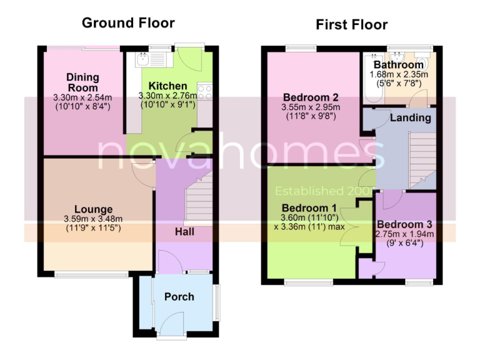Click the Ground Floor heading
point(128,23)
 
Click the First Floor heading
point(351,25)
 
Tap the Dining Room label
point(82,82)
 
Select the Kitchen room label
point(167,86)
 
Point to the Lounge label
point(93,209)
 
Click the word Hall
point(184,232)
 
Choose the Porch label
point(179,296)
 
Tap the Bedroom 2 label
point(311,97)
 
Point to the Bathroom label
point(398,65)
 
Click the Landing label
point(410,117)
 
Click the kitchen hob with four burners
point(204,93)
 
